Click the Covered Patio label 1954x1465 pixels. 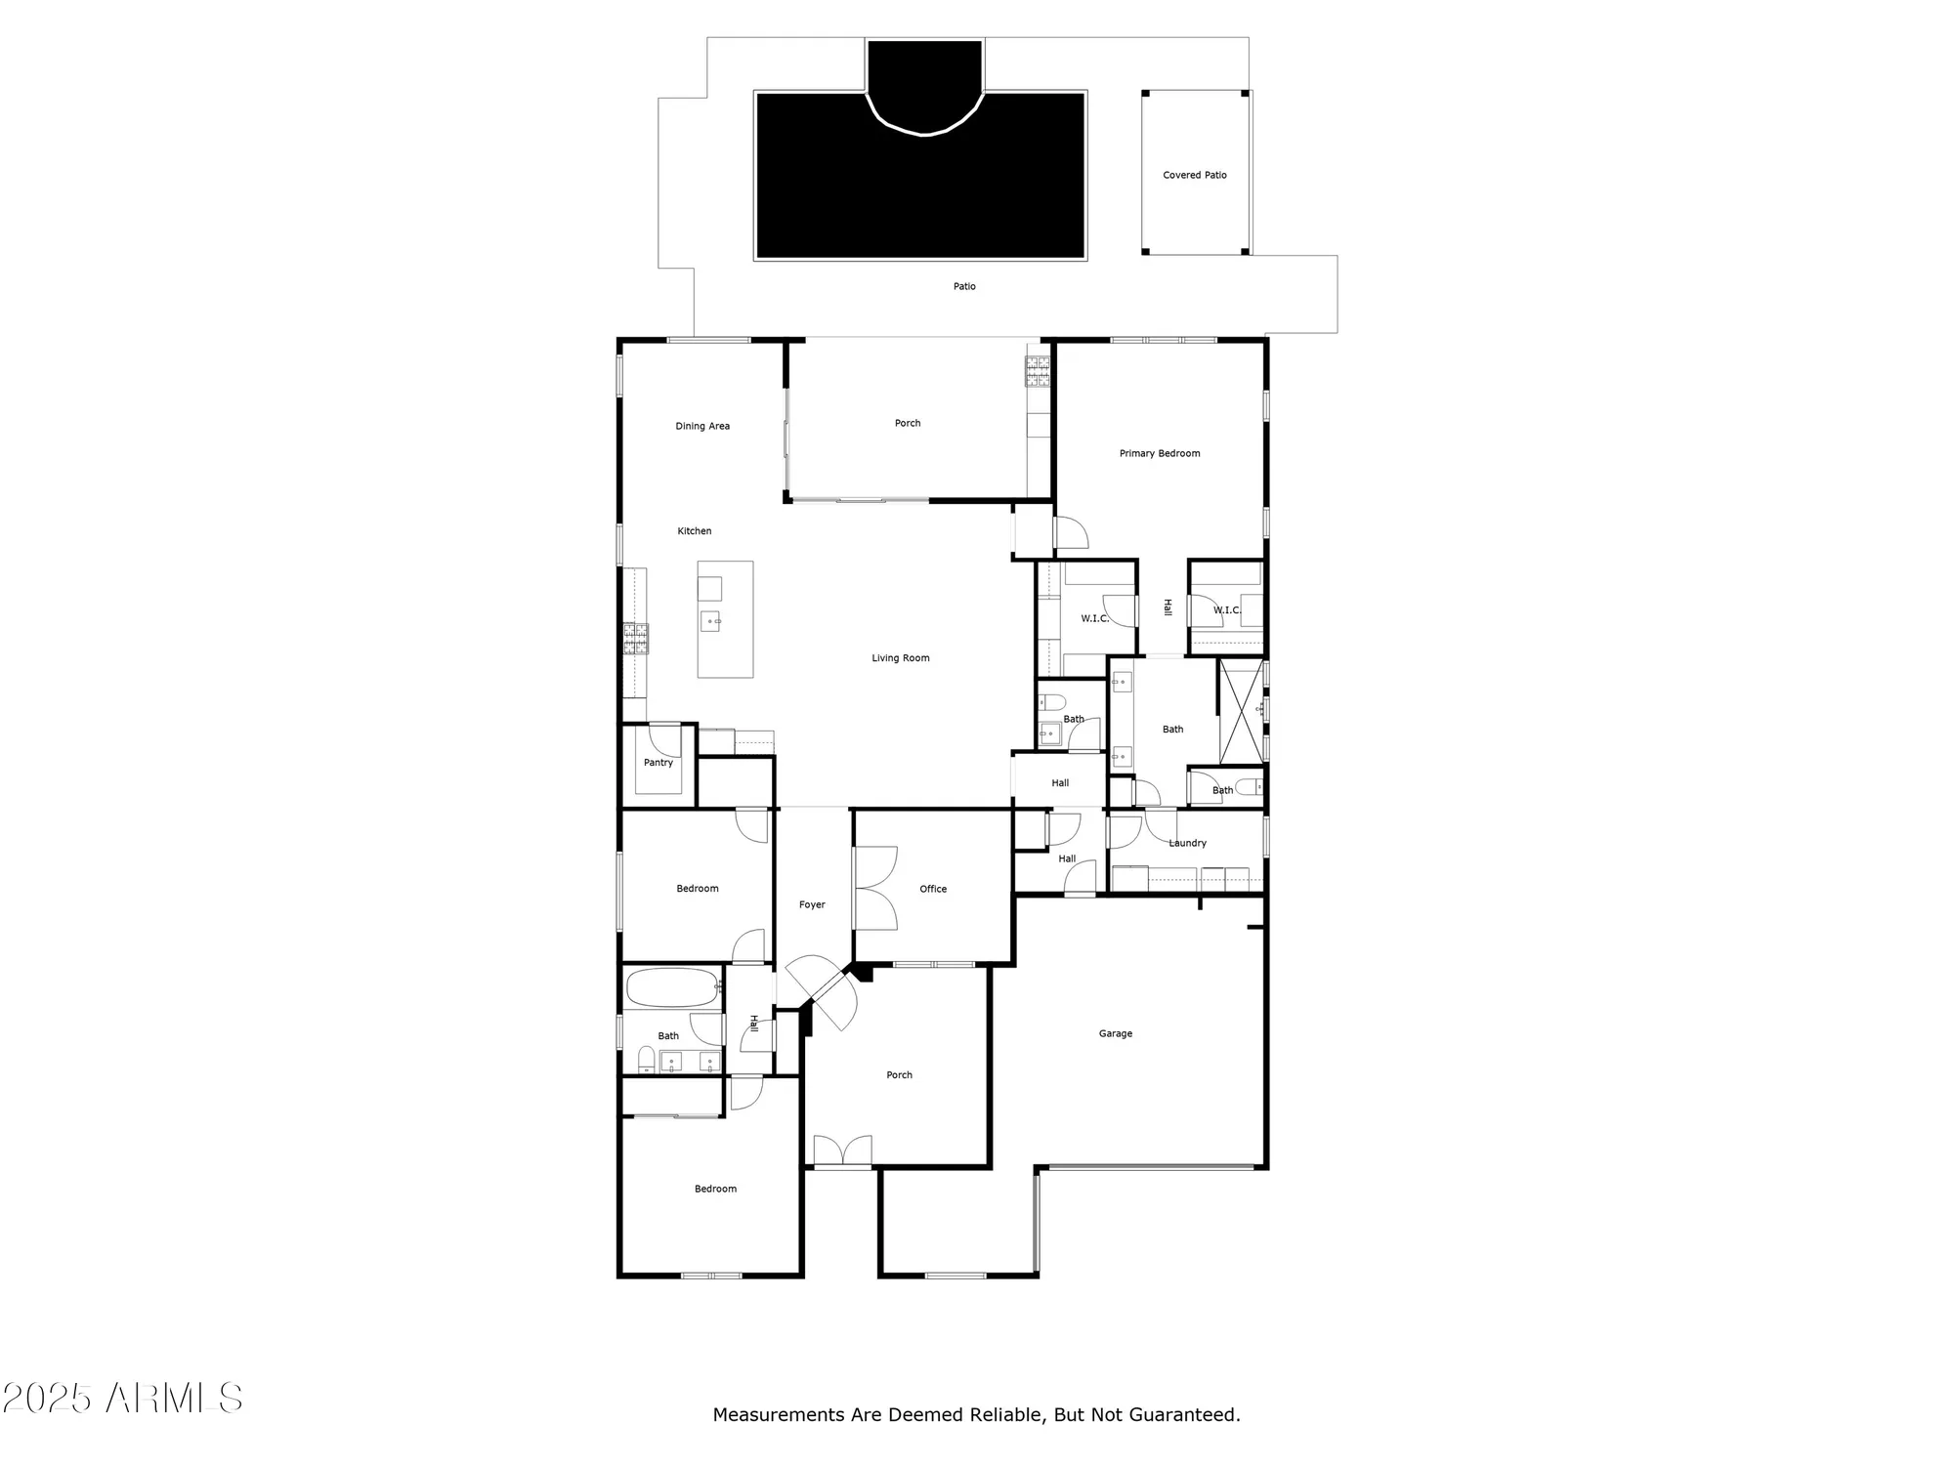click(x=1194, y=176)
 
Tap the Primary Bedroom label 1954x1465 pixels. click(x=1159, y=454)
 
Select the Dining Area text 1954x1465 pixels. click(x=702, y=427)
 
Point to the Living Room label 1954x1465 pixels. click(x=900, y=658)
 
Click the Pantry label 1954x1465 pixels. click(x=658, y=763)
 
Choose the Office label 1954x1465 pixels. click(x=932, y=890)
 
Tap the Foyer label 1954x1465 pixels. click(x=812, y=905)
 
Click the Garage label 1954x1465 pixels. click(x=1115, y=1034)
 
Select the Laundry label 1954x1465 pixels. click(x=1187, y=844)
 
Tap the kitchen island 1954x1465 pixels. click(x=725, y=619)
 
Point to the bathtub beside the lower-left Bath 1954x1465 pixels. click(x=670, y=987)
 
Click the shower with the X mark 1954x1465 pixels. click(x=1240, y=712)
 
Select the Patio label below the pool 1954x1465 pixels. click(x=964, y=287)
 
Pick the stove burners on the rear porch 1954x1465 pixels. click(x=1037, y=370)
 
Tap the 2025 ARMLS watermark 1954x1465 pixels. click(x=122, y=1399)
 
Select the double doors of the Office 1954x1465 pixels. click(x=875, y=889)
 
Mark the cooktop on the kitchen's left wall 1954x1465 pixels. click(x=636, y=639)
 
